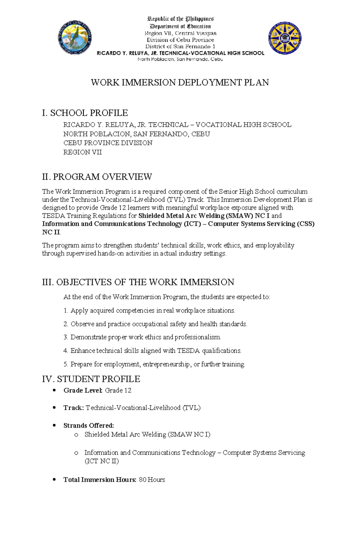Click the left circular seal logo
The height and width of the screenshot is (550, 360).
(x=75, y=38)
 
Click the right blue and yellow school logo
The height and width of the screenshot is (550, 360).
(x=285, y=38)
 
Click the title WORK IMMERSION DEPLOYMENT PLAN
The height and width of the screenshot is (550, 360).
(x=180, y=82)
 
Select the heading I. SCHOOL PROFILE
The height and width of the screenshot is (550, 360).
(x=85, y=113)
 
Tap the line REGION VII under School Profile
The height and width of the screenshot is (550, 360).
(x=82, y=152)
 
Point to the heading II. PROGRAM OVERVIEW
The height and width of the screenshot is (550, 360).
(x=97, y=177)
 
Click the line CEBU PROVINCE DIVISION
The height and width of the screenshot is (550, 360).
(x=108, y=143)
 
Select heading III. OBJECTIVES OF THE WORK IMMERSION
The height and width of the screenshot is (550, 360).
(x=138, y=282)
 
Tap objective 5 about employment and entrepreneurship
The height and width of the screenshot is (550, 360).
(x=154, y=364)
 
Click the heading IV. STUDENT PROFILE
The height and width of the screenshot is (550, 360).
(x=91, y=379)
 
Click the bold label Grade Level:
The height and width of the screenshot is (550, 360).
(x=83, y=391)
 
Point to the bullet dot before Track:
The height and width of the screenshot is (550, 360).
(x=54, y=408)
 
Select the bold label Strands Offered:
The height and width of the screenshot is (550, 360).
(x=88, y=426)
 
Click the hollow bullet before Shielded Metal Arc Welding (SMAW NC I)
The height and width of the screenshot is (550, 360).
(x=76, y=435)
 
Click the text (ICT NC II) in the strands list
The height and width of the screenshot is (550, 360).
(x=102, y=461)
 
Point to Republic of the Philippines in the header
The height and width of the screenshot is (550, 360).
(x=180, y=19)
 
